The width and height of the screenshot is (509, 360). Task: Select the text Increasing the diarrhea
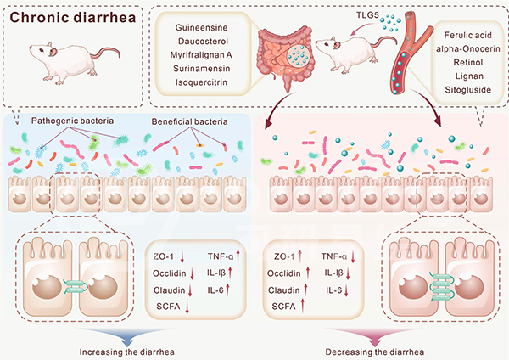click(124, 350)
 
